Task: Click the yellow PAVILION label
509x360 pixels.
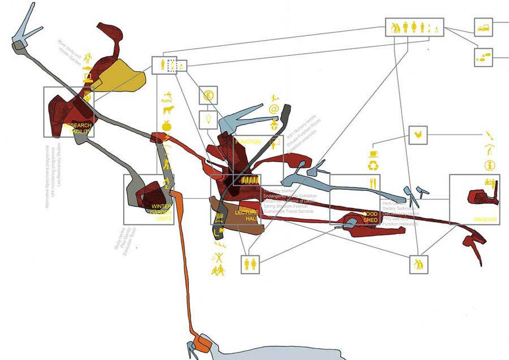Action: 485,219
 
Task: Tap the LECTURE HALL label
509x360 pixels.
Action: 247,215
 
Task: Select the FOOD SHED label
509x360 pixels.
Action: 370,217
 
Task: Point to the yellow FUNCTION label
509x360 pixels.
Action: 248,141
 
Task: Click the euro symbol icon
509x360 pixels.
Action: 208,95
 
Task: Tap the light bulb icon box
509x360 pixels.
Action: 208,120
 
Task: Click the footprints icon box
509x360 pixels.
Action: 483,57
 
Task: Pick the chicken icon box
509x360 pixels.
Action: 417,135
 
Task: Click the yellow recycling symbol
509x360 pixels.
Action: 373,166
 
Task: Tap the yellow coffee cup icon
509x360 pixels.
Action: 373,153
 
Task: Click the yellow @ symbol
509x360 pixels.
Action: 274,109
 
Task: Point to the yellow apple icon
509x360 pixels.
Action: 167,125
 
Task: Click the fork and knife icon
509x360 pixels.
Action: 373,183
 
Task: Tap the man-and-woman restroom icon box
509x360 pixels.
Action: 249,264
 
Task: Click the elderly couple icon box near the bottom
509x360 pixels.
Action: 419,264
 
